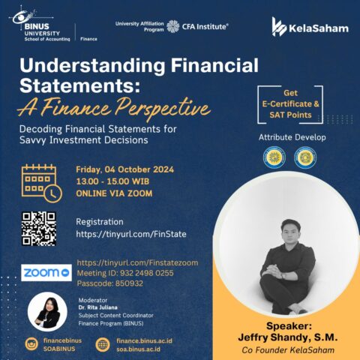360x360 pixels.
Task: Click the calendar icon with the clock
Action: coord(40,182)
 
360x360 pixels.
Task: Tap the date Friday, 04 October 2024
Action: coord(125,169)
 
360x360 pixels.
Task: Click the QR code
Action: coord(39,229)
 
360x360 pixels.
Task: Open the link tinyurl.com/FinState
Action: coord(131,235)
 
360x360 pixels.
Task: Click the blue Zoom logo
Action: coord(46,273)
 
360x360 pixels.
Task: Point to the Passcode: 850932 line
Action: coord(112,285)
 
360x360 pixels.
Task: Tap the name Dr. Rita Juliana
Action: coord(98,306)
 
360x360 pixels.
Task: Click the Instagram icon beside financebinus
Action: coord(31,344)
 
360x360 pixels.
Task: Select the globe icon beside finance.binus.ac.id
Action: coord(103,344)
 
